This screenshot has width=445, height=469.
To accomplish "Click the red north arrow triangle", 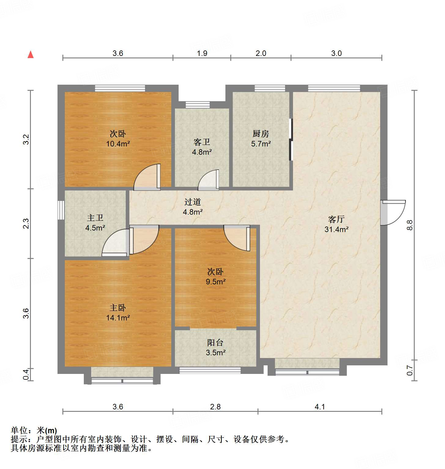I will pyautogui.click(x=31, y=55).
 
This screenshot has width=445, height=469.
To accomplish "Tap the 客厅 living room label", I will pyautogui.click(x=336, y=219).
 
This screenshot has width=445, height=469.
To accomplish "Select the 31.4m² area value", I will pyautogui.click(x=336, y=229).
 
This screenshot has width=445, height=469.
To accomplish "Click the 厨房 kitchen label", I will pyautogui.click(x=261, y=134).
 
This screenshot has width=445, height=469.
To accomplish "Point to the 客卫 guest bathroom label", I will pyautogui.click(x=202, y=142).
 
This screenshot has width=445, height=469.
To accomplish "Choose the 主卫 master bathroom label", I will pyautogui.click(x=95, y=218).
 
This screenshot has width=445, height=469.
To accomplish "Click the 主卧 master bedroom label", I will pyautogui.click(x=118, y=308).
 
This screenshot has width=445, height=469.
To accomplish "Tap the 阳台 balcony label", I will pyautogui.click(x=215, y=343).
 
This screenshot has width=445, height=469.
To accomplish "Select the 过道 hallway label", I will pyautogui.click(x=193, y=202).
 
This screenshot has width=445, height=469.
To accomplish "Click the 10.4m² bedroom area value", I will pyautogui.click(x=118, y=144).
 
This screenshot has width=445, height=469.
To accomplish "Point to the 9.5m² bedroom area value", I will pyautogui.click(x=216, y=282).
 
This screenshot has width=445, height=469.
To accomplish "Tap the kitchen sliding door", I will pyautogui.click(x=291, y=139).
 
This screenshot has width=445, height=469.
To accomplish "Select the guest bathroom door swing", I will pyautogui.click(x=209, y=180).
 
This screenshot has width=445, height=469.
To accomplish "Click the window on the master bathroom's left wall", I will pyautogui.click(x=61, y=210).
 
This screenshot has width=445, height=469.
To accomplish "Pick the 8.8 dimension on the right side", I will pyautogui.click(x=410, y=225).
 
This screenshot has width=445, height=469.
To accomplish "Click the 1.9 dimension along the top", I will pyautogui.click(x=202, y=53).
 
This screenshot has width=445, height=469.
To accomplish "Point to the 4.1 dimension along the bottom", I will pyautogui.click(x=320, y=407).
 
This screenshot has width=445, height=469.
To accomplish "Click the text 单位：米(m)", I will pyautogui.click(x=34, y=430).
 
